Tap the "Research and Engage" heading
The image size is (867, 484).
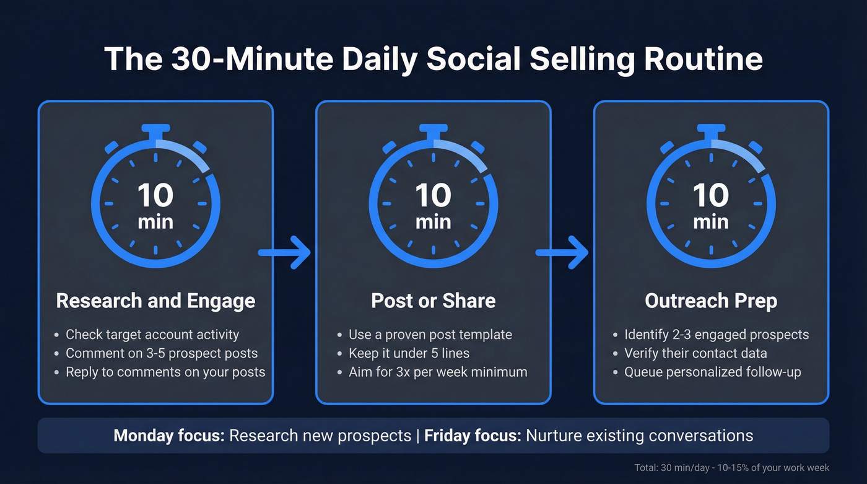155,301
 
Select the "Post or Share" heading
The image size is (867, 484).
433,301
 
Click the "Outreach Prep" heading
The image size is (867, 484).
711,301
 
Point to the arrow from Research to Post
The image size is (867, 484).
284,252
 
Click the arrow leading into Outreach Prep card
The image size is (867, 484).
562,252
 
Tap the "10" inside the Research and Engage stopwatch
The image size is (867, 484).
155,196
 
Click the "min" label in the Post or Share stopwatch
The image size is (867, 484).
433,221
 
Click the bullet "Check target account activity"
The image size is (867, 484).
152,335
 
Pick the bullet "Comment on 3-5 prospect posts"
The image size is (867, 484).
161,353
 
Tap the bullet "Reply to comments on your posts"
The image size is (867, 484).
165,372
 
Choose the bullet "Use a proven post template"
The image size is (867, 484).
430,335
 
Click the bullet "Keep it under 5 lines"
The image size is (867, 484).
409,353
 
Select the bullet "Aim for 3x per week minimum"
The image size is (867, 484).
437,372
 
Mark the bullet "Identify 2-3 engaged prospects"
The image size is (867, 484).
716,335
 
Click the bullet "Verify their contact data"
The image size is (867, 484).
695,353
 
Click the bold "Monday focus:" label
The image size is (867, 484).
168,435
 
